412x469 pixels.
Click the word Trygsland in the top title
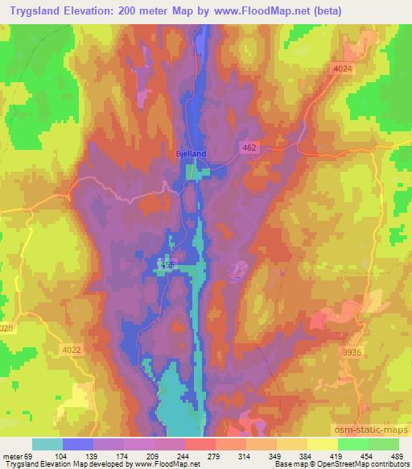[x=36, y=11]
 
